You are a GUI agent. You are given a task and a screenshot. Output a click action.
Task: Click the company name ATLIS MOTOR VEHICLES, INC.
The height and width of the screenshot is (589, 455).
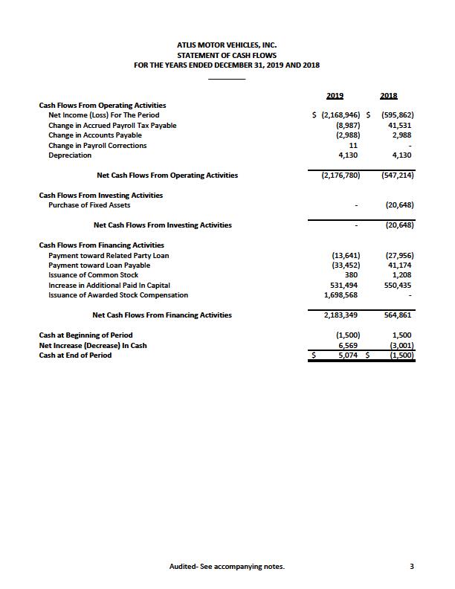coord(227,45)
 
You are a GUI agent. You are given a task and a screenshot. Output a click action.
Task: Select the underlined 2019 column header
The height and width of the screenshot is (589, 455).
coord(335,95)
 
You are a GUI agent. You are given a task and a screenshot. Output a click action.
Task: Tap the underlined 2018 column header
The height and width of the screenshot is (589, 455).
coord(388,95)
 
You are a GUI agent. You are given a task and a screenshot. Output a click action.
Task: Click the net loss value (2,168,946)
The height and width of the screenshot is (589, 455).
coord(339,115)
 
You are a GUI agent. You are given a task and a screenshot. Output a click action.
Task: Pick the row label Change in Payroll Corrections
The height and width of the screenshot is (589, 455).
coord(97,146)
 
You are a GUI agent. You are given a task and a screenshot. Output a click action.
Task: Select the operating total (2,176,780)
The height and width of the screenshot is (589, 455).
coord(341,176)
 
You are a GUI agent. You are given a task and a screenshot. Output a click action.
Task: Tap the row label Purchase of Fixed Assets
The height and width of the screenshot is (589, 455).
coord(89,205)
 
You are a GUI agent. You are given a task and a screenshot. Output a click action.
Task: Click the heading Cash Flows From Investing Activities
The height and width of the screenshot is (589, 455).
coord(100,195)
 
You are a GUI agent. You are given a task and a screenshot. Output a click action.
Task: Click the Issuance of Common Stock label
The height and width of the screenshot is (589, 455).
coord(93,275)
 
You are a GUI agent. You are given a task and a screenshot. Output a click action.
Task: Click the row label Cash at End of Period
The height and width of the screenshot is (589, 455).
coord(75,355)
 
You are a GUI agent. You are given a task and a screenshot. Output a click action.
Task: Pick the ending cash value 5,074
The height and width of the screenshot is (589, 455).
coord(347,355)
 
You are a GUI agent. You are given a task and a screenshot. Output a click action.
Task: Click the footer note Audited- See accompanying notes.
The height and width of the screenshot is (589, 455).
coord(227,567)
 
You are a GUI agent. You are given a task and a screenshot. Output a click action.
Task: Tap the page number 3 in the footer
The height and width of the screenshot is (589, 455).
coord(411,567)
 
